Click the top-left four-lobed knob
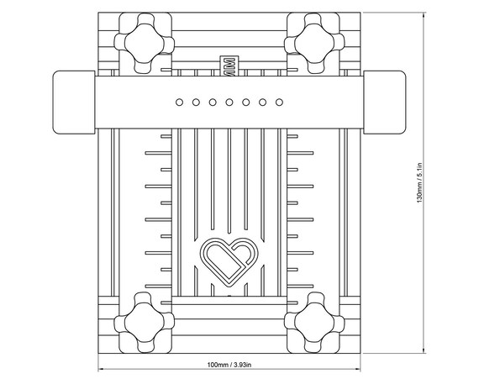pos(145,43)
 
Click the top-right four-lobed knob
pos(314,43)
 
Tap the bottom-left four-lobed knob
pos(145,323)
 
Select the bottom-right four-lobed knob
pos(314,323)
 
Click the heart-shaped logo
pos(229,262)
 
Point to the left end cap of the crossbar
pos(74,103)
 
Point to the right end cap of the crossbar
pos(384,103)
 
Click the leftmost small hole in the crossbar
pos(179,103)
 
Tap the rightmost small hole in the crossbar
pos(279,103)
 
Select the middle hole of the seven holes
pos(229,103)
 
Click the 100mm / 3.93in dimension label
pos(229,365)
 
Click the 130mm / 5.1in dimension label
pos(419,182)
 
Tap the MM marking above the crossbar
pos(229,66)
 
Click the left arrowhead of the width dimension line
pos(100,369)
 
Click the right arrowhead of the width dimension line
pos(358,369)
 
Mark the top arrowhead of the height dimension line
pos(424,15)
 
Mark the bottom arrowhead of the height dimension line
pos(424,350)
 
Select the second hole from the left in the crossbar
pos(196,103)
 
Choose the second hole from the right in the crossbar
pos(262,103)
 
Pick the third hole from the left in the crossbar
pos(213,103)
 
